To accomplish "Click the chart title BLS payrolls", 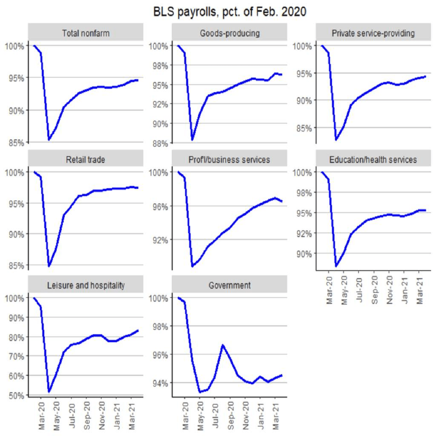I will coord(229,12).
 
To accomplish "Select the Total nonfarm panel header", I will coord(86,33).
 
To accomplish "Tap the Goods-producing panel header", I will coord(230,33).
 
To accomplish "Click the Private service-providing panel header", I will coord(373,33).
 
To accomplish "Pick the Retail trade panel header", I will coord(86,160).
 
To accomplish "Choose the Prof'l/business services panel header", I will coord(230,160).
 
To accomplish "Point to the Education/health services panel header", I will coord(373,160).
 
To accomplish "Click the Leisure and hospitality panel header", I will coord(86,286).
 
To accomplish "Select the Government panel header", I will coord(230,286).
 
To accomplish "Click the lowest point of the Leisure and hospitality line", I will coord(49,392).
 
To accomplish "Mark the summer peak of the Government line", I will coord(223,345).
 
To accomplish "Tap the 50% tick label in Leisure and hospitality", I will coord(16,395).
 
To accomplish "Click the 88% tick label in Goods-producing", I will coord(160,144).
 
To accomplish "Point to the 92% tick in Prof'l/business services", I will coord(160,240).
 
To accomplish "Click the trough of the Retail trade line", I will coord(49,266).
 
